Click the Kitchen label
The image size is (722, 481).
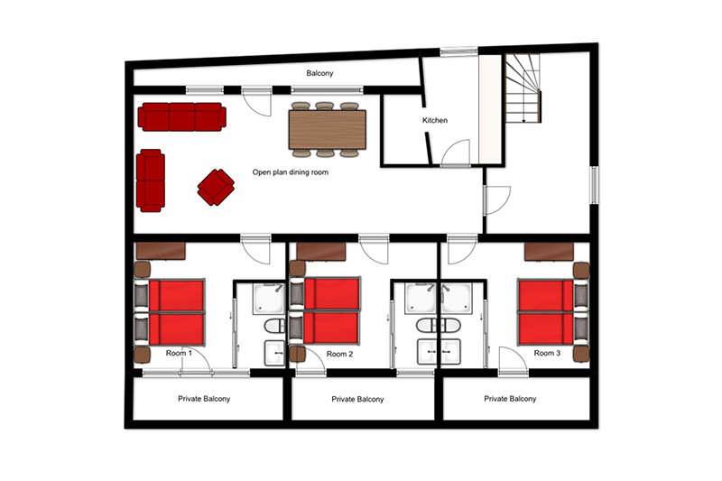[435, 120]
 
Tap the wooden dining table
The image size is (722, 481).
[328, 129]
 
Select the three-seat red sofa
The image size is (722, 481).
[182, 117]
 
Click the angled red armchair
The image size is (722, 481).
[216, 187]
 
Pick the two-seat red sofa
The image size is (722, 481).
[151, 180]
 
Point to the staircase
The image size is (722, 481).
[523, 88]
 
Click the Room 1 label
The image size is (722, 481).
[179, 353]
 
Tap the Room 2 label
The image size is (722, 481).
[339, 354]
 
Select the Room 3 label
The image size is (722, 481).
[547, 353]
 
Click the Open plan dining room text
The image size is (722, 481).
[290, 172]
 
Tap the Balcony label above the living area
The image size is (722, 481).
[319, 73]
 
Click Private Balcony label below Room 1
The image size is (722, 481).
[204, 399]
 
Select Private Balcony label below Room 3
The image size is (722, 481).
[510, 399]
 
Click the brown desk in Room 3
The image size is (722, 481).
[549, 252]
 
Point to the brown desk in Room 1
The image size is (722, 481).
[161, 251]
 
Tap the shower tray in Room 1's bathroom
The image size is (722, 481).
[268, 299]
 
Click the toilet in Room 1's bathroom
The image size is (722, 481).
[275, 326]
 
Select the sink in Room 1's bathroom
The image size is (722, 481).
[275, 353]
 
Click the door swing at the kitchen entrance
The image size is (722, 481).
[456, 153]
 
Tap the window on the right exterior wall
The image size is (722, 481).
[595, 185]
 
